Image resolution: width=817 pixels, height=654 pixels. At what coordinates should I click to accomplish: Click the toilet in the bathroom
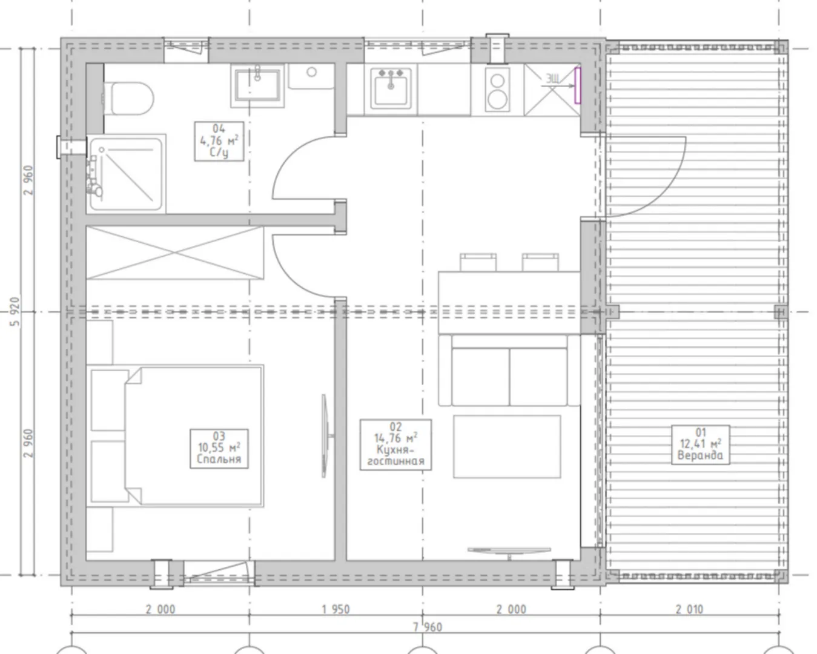pos(129,98)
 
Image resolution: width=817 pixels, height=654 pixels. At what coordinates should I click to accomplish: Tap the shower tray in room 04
pos(127,173)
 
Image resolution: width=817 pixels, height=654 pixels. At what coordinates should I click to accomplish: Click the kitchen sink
pos(391,88)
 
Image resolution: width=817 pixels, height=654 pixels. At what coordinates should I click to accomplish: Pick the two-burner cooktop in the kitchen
pos(497,90)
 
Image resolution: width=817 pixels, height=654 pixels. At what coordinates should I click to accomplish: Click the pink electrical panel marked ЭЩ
pos(577,85)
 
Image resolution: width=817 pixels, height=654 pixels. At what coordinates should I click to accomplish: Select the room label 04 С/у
pos(219,141)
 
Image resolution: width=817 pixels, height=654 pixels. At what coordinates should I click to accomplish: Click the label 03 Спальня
pos(219,448)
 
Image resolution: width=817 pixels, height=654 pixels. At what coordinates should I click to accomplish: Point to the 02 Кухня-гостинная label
pos(395,444)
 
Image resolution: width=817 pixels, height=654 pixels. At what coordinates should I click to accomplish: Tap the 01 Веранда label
pos(701,444)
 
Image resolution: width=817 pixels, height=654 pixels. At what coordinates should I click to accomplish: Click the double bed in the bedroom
pos(175,435)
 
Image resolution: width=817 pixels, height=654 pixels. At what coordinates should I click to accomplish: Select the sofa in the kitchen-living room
pos(509,370)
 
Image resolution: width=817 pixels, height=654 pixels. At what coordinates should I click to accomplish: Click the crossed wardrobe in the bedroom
pos(175,253)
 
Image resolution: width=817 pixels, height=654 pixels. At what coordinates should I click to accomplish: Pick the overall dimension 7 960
pos(428,627)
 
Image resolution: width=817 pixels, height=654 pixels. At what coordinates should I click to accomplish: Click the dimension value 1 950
pos(336,609)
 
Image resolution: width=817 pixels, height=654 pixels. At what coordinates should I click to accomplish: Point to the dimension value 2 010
pos(689,609)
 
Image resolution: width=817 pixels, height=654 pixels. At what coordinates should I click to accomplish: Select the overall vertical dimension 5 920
pos(15,312)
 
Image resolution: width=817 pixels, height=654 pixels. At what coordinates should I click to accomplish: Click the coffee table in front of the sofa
pos(507,446)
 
